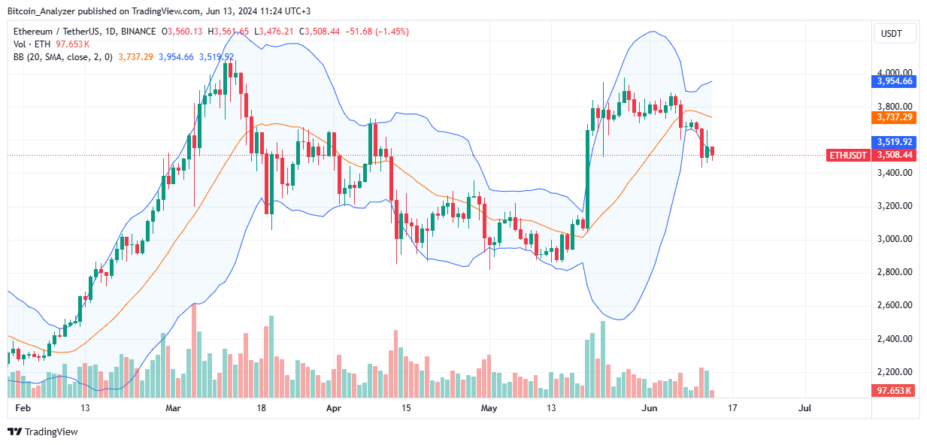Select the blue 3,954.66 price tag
tap(894, 80)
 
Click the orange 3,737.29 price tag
tap(894, 117)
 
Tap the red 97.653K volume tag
tap(894, 390)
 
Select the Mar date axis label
tap(174, 408)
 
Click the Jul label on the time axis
tap(804, 408)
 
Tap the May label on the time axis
tap(489, 408)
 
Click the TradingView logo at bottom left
tap(43, 431)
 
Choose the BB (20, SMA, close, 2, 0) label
tap(68, 56)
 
